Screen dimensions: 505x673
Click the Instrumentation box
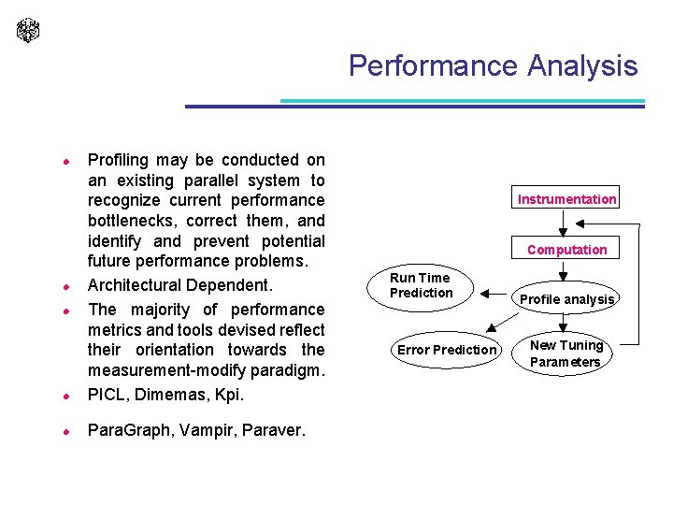point(566,199)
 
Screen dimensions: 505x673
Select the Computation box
point(566,250)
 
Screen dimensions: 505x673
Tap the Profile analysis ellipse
point(566,299)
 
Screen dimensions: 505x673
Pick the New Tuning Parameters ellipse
point(566,353)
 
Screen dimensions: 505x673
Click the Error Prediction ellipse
point(447,350)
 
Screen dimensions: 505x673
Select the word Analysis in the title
point(582,66)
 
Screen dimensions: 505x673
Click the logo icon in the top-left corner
point(29,30)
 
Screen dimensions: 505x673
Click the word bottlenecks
point(132,222)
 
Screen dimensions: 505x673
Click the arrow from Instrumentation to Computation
point(564,224)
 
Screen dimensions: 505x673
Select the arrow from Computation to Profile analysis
point(564,271)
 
